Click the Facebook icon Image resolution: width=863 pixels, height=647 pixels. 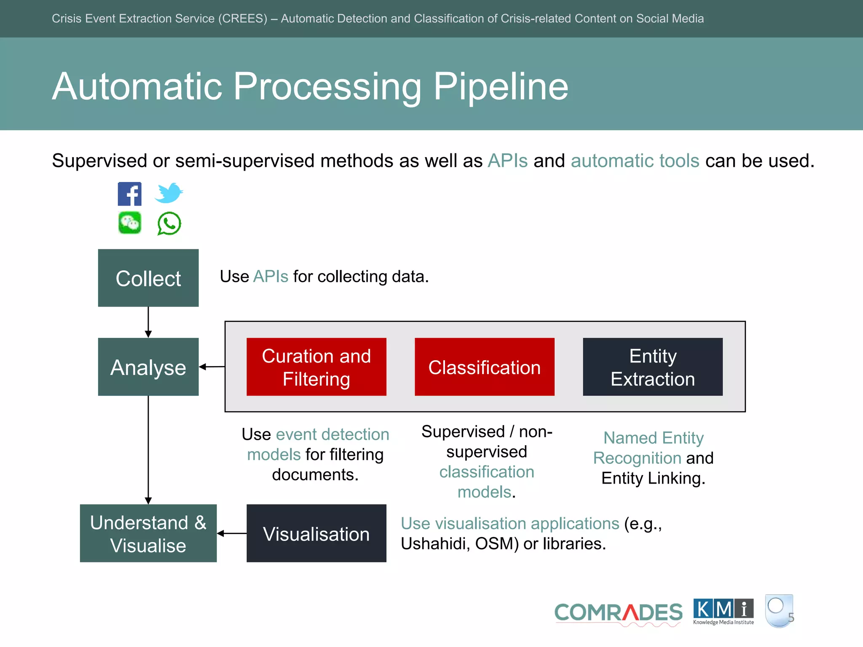click(x=129, y=194)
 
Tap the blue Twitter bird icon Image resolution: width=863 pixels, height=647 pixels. click(x=169, y=193)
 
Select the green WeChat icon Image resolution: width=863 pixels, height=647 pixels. click(x=130, y=222)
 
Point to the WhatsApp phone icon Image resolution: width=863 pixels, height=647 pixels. click(x=169, y=224)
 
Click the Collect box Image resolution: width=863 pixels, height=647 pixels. click(x=148, y=278)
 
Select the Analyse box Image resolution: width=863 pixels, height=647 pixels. click(x=148, y=367)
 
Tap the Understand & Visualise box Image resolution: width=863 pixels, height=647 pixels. click(x=148, y=533)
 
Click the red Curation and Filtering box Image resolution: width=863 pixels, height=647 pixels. click(x=316, y=367)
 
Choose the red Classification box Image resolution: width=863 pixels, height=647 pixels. click(x=484, y=367)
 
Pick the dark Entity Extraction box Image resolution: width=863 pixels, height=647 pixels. click(x=652, y=367)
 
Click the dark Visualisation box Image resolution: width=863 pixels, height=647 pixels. click(x=316, y=533)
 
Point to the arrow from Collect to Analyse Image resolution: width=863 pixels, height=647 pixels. click(x=148, y=322)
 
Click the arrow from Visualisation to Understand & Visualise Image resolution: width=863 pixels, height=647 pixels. click(x=232, y=534)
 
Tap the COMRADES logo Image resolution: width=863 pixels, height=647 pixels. click(x=618, y=613)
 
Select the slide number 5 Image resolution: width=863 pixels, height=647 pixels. click(x=791, y=618)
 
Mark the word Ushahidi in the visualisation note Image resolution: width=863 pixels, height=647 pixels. click(x=434, y=544)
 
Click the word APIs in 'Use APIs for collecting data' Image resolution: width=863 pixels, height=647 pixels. click(x=271, y=277)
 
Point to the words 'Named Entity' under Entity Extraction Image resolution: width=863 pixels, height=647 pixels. click(x=653, y=438)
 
